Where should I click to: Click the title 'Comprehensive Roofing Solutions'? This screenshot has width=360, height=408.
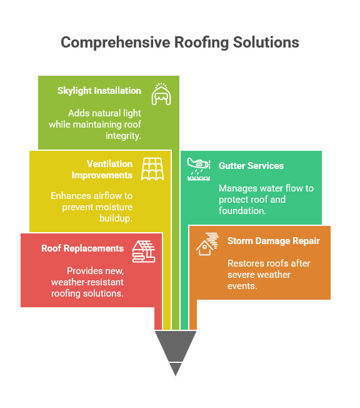(180, 43)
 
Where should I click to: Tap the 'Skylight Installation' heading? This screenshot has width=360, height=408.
(99, 91)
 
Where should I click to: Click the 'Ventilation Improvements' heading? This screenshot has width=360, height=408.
(101, 169)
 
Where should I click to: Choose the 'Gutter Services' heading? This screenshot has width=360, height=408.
(251, 166)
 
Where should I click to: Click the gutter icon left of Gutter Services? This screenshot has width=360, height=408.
(199, 168)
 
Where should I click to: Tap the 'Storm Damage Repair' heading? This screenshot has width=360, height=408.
(273, 241)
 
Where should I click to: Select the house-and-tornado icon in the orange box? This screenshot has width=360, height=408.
(207, 243)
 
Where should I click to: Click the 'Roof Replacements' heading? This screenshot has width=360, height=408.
(82, 248)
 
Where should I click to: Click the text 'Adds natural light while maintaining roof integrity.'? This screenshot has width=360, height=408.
(96, 124)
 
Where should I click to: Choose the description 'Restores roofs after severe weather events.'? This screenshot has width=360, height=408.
(268, 274)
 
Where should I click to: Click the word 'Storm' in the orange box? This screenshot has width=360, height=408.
(241, 241)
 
